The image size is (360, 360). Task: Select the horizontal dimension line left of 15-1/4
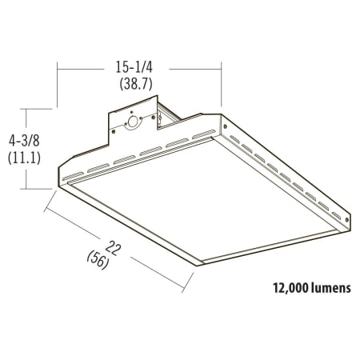point(80,70)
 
